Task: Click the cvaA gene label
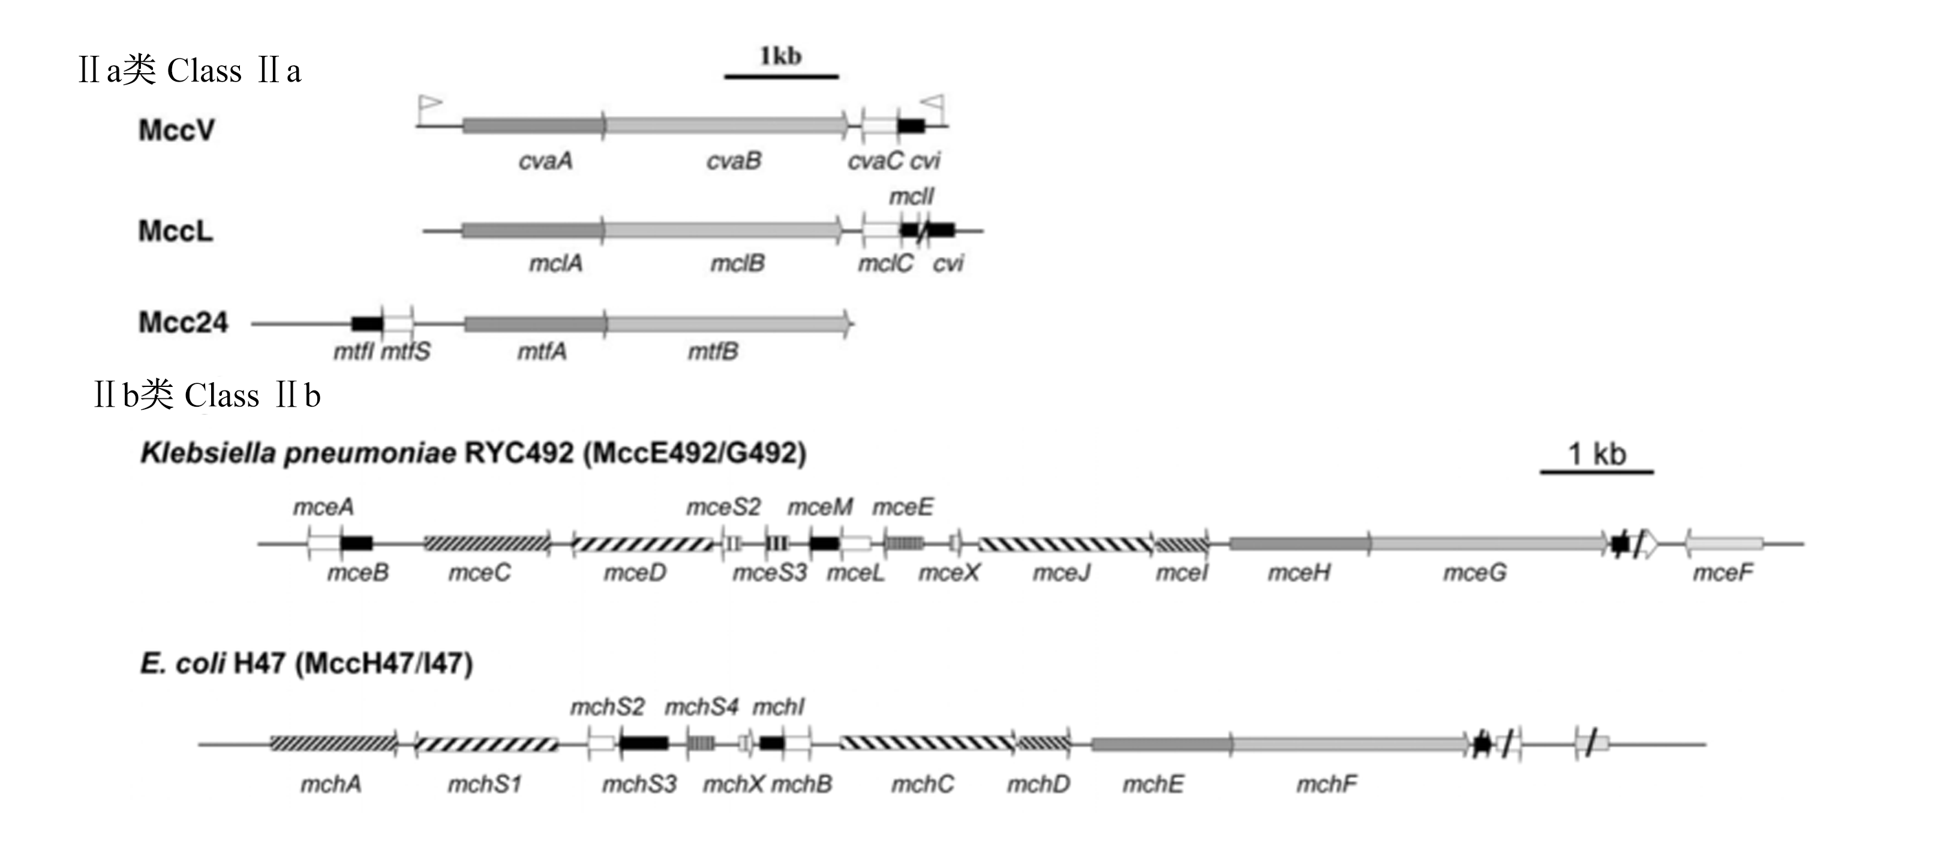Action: (545, 161)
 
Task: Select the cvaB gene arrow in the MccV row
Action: (726, 125)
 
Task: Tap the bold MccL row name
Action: (175, 231)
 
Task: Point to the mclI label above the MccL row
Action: (911, 196)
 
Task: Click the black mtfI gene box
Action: (367, 324)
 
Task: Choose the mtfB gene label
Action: (713, 352)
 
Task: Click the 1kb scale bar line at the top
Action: (782, 76)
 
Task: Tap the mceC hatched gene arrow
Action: (488, 543)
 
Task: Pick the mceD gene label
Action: (635, 573)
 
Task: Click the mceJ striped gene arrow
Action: (1066, 544)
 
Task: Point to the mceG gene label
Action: (1474, 573)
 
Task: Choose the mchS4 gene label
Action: (701, 707)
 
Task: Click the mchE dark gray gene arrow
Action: (1162, 745)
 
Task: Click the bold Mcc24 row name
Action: (183, 323)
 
